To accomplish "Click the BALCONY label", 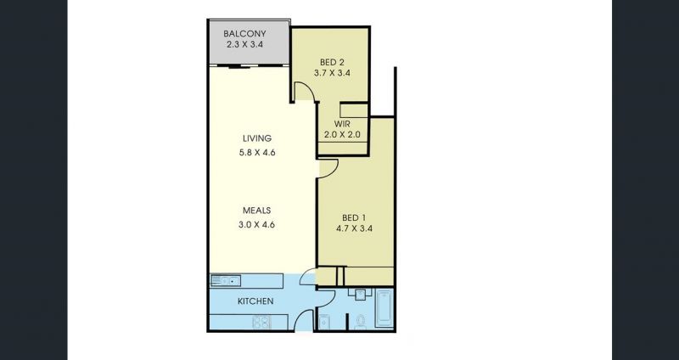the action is pyautogui.click(x=244, y=34).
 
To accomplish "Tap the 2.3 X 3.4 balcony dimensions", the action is pyautogui.click(x=244, y=44).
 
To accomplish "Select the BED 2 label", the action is pyautogui.click(x=332, y=62).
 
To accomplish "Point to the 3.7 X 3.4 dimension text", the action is pyautogui.click(x=332, y=73).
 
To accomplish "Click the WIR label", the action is pyautogui.click(x=343, y=124).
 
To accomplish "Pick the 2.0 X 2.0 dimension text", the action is pyautogui.click(x=343, y=134).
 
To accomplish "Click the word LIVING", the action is pyautogui.click(x=257, y=138).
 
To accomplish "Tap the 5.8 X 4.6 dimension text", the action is pyautogui.click(x=257, y=153).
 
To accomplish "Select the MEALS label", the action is pyautogui.click(x=257, y=211).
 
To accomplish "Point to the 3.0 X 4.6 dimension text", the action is pyautogui.click(x=257, y=225).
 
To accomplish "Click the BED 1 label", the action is pyautogui.click(x=354, y=217).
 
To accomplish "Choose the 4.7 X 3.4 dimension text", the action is pyautogui.click(x=354, y=228).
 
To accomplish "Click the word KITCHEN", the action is pyautogui.click(x=255, y=301).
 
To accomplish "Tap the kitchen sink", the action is pyautogui.click(x=225, y=281).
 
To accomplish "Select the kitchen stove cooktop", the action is pyautogui.click(x=261, y=323).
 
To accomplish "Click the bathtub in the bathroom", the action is pyautogui.click(x=384, y=308).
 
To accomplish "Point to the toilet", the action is pyautogui.click(x=360, y=323).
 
